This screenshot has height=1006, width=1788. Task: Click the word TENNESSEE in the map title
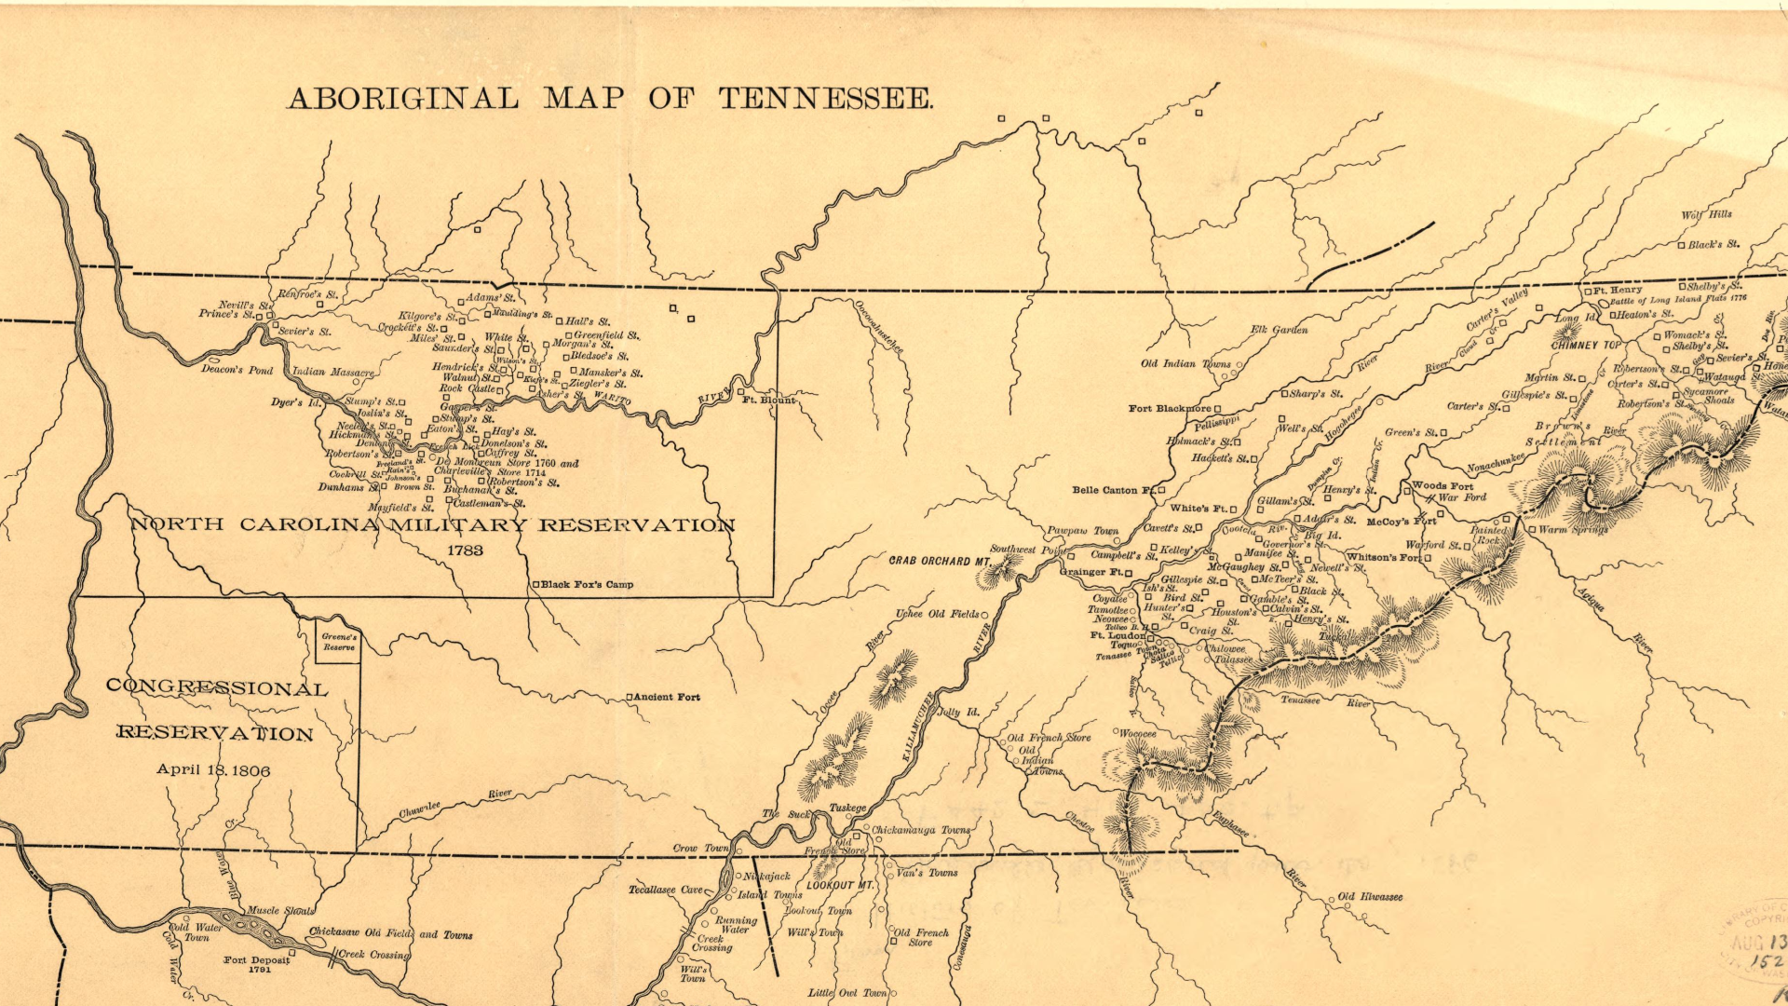click(825, 99)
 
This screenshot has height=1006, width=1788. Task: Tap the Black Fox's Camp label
click(587, 585)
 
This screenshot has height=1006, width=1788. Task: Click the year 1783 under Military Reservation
click(465, 551)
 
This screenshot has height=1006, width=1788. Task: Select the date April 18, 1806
click(213, 770)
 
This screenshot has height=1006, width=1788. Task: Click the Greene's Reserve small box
click(338, 643)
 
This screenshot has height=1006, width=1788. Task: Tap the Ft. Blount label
click(769, 400)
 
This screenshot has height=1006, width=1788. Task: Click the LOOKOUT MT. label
click(840, 885)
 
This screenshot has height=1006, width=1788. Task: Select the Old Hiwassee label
click(1371, 897)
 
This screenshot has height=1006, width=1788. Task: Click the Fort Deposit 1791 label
click(257, 964)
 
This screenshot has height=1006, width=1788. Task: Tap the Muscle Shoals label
click(280, 910)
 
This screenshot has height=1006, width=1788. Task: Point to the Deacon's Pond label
click(237, 370)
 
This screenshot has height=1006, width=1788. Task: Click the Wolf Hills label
click(1706, 214)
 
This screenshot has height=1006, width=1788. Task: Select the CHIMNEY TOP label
click(1586, 345)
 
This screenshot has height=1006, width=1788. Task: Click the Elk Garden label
click(1279, 330)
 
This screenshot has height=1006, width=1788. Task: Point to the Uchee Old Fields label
click(938, 614)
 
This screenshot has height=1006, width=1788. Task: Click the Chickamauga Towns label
click(921, 830)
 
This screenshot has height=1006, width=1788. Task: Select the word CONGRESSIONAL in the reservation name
click(217, 688)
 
